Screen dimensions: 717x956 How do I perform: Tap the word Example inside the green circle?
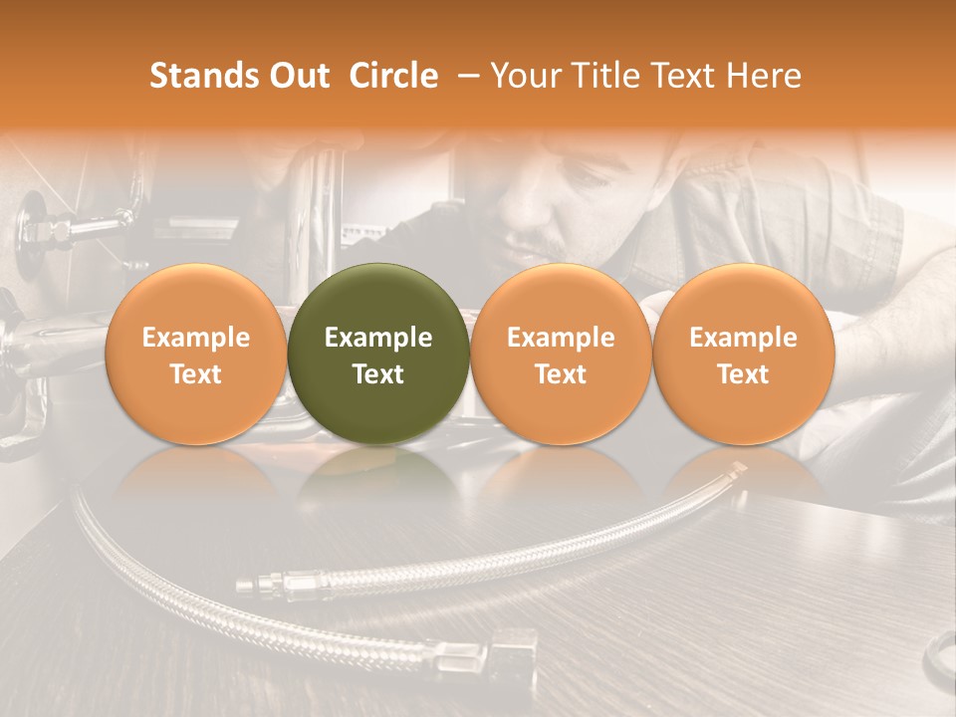tap(378, 338)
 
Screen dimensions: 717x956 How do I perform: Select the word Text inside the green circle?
tap(378, 374)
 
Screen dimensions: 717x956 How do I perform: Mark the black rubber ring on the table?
tap(940, 662)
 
